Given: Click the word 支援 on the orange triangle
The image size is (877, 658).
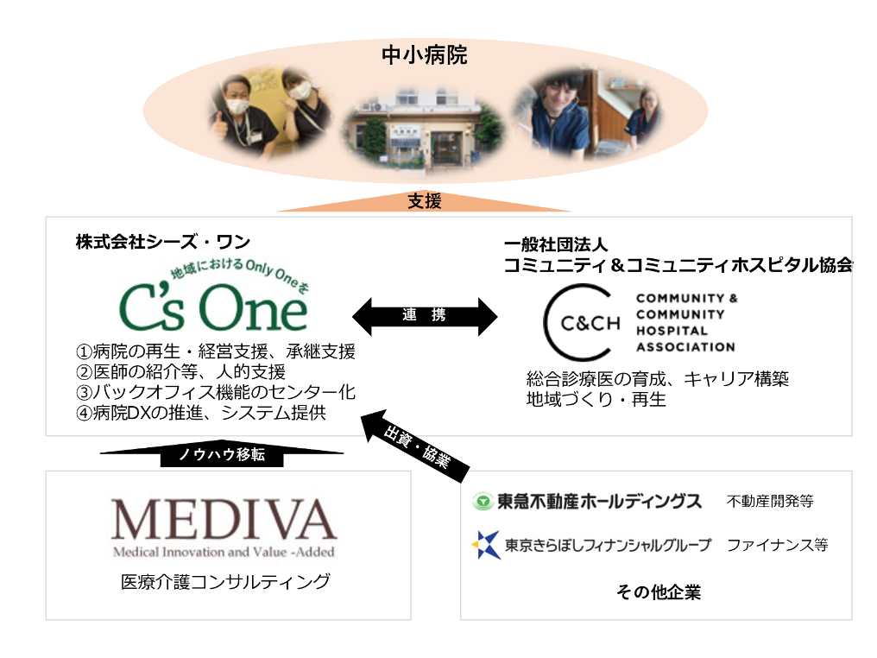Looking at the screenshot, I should pos(425,202).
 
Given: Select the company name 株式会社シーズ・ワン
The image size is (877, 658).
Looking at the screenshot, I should pos(163,243).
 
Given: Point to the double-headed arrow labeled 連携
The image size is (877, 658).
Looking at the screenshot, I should pos(425,316).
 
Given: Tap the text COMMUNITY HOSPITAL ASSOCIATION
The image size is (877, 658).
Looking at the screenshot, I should pos(686,322).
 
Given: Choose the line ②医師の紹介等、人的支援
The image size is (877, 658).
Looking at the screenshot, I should pos(180,372).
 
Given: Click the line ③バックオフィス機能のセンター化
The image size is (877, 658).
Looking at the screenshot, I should pos(215,393).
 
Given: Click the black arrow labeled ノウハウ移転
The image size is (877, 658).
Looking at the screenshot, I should pos(222,454).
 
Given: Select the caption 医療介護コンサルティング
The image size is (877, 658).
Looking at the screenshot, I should pos(225,582).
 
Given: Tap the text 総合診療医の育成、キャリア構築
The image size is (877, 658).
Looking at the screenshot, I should pos(658,379).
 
